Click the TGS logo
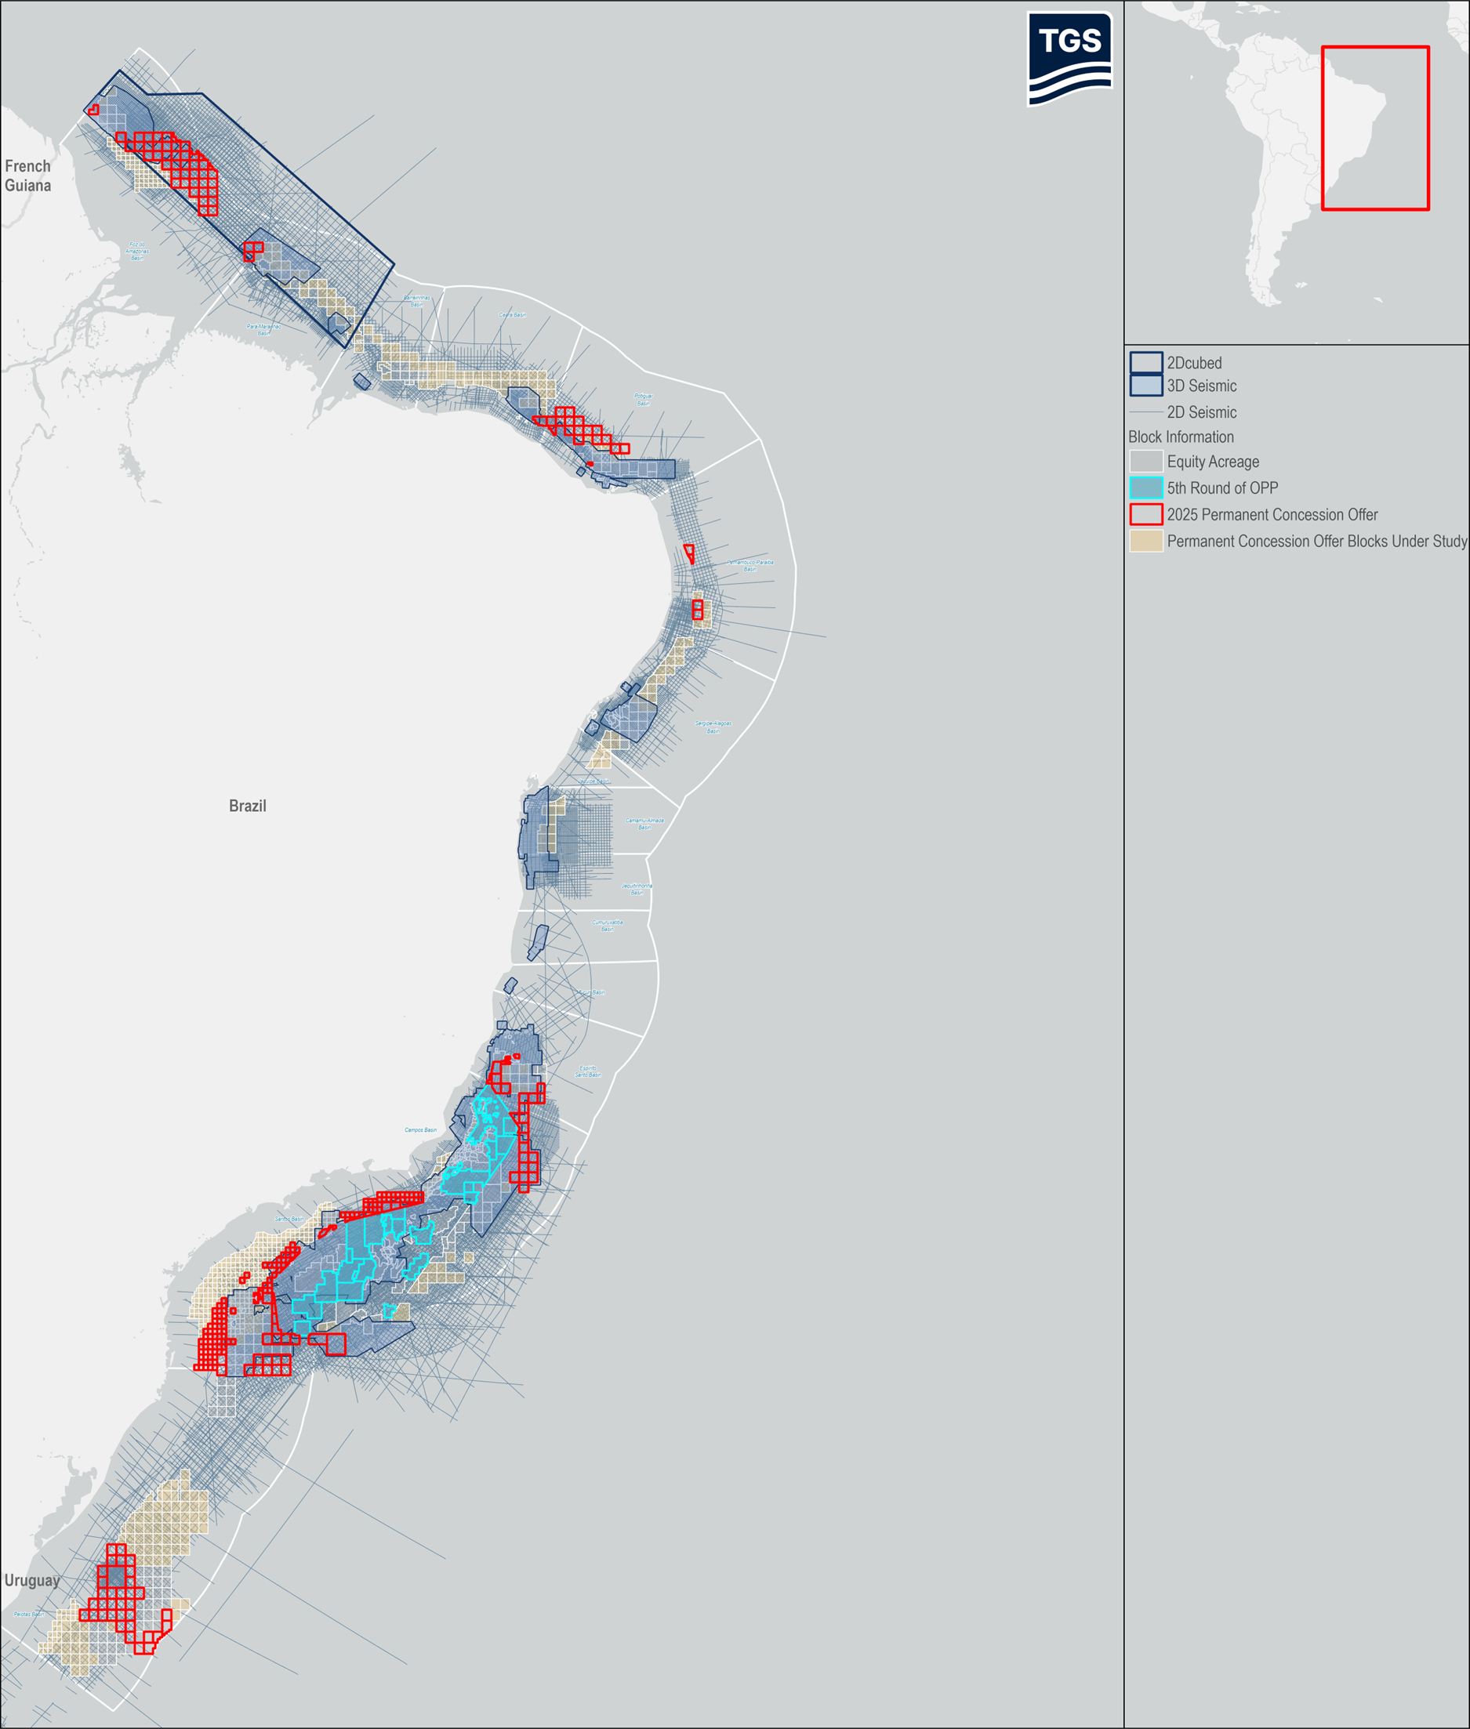[x=1069, y=57]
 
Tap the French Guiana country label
[x=27, y=176]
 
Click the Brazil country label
[x=248, y=806]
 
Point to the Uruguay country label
[x=31, y=1581]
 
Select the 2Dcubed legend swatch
[x=1146, y=362]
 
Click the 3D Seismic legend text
[x=1201, y=386]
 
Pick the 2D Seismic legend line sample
[x=1146, y=412]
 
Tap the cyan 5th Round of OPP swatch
[x=1146, y=488]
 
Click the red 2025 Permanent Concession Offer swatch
[x=1146, y=515]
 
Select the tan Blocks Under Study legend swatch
[x=1146, y=541]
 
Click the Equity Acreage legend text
[x=1213, y=462]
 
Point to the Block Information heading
[x=1181, y=437]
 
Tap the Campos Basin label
[x=420, y=1130]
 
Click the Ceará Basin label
[x=512, y=315]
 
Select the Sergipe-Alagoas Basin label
[x=713, y=727]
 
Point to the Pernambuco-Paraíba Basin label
[x=750, y=565]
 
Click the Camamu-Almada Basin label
[x=644, y=823]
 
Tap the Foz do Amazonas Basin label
[x=136, y=251]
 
